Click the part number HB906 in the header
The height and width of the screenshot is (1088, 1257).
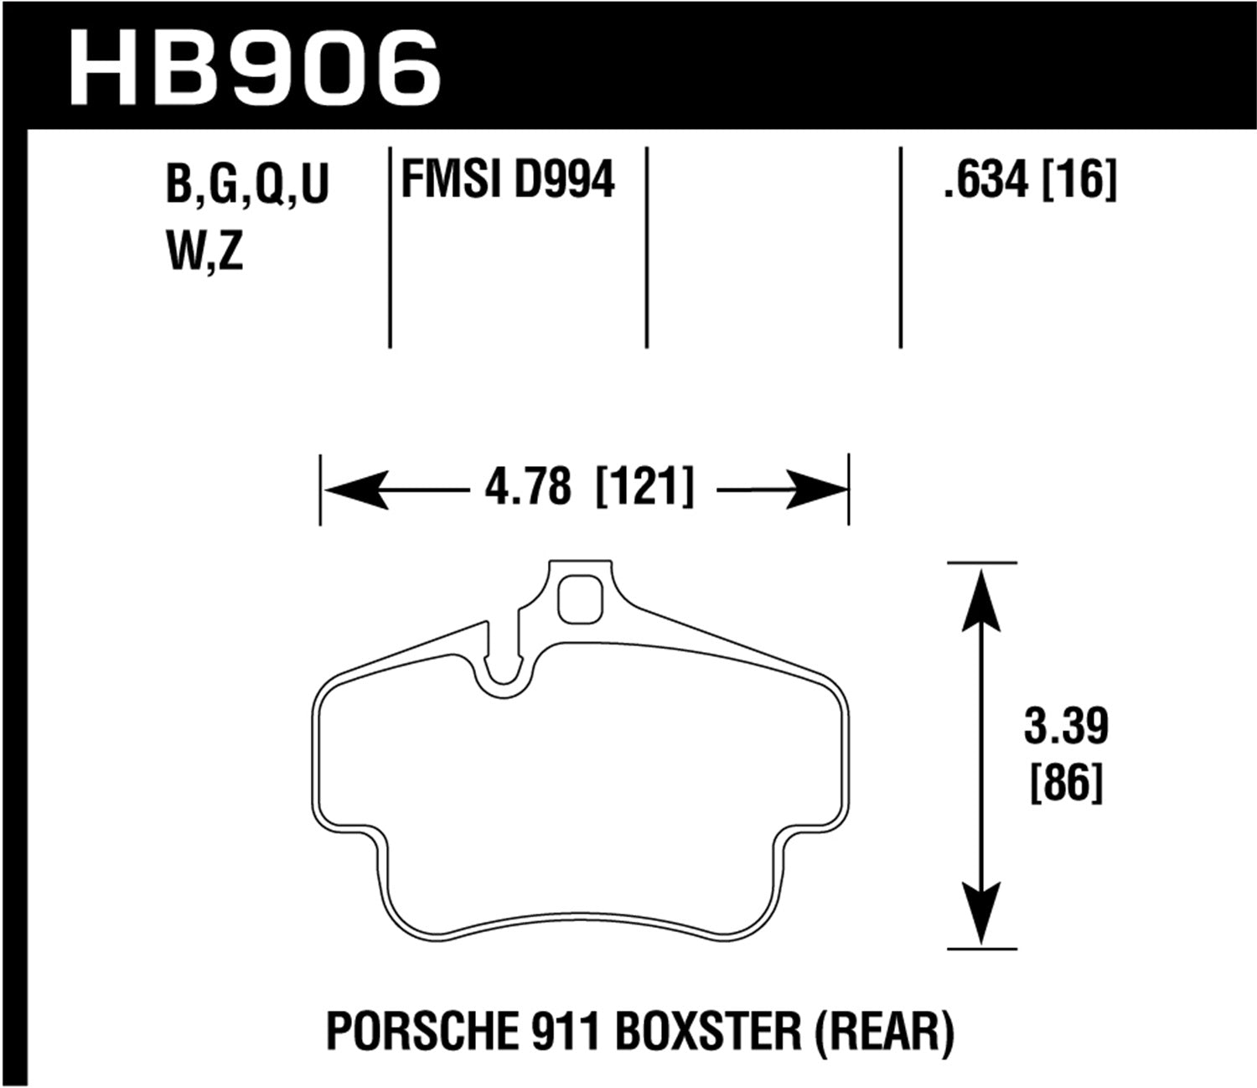[255, 67]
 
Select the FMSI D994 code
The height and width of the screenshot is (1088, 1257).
[508, 179]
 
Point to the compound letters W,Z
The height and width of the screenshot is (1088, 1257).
[205, 251]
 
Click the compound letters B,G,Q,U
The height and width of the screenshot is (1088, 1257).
[248, 184]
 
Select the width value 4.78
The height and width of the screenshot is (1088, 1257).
[528, 488]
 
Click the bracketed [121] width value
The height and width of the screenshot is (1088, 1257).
[644, 488]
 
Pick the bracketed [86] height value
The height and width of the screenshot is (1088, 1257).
[1065, 783]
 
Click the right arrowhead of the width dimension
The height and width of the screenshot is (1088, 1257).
[817, 489]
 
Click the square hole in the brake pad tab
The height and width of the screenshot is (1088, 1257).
[580, 600]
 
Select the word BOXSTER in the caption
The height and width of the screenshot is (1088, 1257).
[711, 1033]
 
